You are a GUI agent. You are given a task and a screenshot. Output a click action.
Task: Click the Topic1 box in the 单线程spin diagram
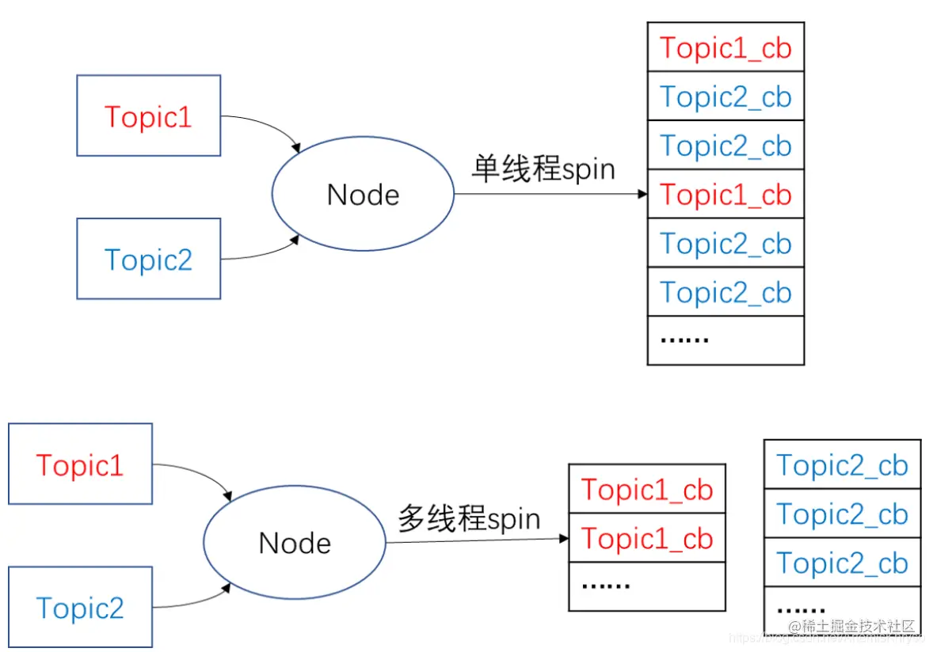[x=148, y=116]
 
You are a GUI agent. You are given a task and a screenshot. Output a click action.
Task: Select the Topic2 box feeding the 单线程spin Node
[x=148, y=259]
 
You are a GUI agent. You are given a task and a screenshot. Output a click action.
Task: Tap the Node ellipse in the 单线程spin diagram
[x=363, y=194]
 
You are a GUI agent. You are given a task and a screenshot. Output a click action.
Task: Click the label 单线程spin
[x=543, y=169]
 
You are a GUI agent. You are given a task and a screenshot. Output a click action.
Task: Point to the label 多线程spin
[x=469, y=519]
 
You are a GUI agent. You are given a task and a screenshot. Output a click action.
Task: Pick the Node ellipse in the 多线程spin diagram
[x=295, y=543]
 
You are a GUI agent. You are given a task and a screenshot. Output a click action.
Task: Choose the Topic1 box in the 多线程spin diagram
[x=80, y=464]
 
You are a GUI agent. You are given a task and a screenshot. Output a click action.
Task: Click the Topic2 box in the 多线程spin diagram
[x=80, y=608]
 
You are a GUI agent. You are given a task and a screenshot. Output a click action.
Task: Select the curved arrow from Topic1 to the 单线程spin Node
[x=265, y=127]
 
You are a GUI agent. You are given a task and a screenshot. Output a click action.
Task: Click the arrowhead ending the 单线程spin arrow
[x=642, y=194]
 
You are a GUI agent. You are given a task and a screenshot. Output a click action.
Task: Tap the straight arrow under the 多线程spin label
[x=475, y=540]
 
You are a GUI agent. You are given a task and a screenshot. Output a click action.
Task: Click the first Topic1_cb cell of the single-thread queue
[x=725, y=47]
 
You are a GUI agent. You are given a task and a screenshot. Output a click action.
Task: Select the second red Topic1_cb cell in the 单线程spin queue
[x=725, y=194]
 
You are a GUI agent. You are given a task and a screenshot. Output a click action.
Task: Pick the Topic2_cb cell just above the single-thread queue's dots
[x=725, y=292]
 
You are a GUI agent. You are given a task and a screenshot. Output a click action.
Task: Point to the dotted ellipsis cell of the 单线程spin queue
[x=725, y=340]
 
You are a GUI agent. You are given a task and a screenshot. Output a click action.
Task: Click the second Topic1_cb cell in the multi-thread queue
[x=647, y=538]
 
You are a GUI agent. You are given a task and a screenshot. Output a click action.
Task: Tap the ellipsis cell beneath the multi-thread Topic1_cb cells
[x=647, y=586]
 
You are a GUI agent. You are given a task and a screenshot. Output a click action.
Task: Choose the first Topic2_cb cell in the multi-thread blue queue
[x=842, y=464]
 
